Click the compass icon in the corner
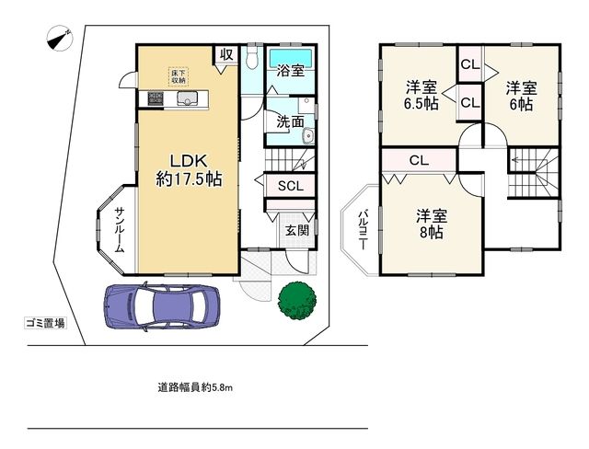click(x=58, y=39)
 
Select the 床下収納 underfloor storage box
click(x=177, y=75)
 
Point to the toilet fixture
click(x=252, y=59)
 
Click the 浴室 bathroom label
click(x=292, y=71)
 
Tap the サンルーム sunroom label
click(x=119, y=229)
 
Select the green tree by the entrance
click(x=296, y=300)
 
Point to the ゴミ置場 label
click(x=44, y=323)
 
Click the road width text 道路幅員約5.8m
click(x=195, y=387)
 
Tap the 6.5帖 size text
click(x=422, y=104)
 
